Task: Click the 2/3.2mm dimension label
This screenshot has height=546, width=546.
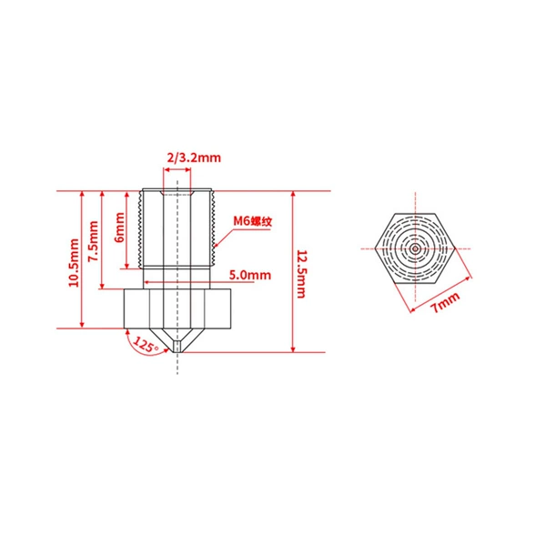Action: point(194,157)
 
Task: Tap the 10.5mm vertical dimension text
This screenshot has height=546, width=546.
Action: point(74,263)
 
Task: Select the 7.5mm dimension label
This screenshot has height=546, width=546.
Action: point(94,241)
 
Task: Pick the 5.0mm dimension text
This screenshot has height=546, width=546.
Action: point(250,275)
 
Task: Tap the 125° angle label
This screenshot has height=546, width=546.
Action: point(146,345)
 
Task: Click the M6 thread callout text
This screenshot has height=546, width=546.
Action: point(252,221)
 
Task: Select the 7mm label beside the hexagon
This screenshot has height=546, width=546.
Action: point(445,303)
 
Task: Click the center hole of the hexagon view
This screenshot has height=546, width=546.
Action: point(415,248)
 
